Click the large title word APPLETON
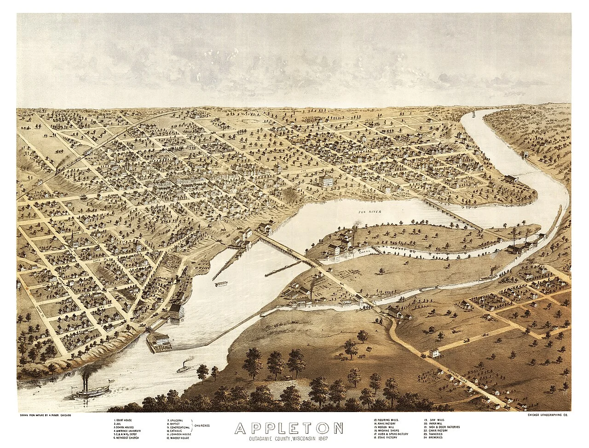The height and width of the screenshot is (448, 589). (289, 427)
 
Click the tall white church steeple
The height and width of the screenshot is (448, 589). (73, 238)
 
